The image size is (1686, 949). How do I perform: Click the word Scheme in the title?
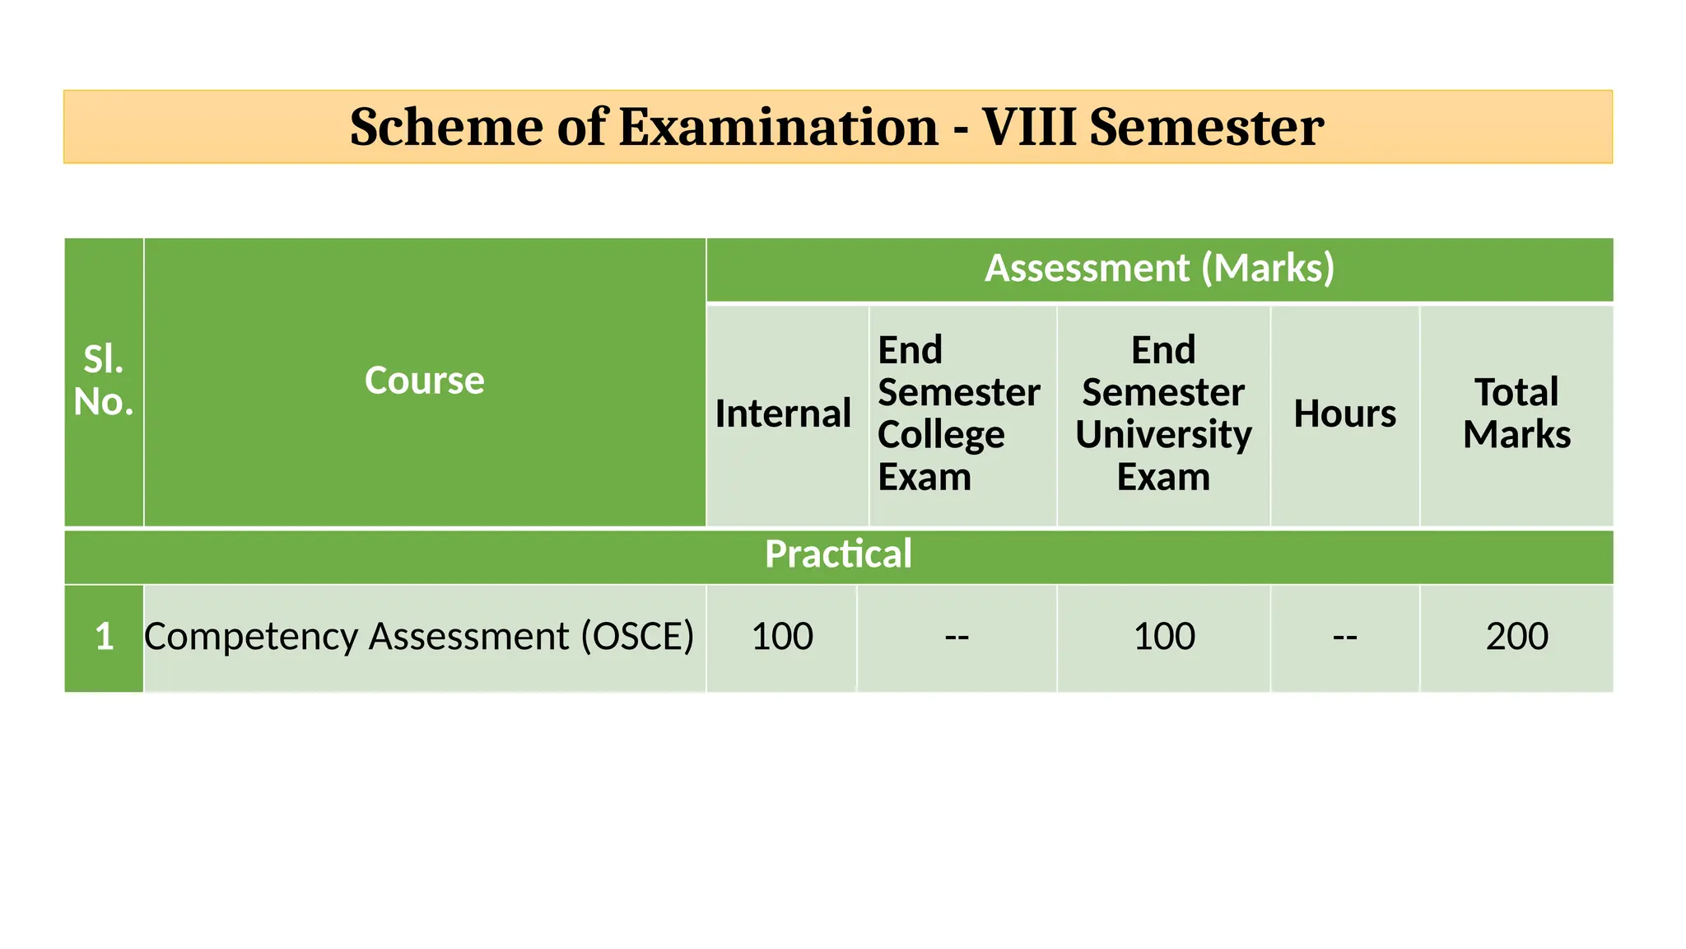click(x=445, y=127)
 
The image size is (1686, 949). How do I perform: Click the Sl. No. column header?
click(x=104, y=381)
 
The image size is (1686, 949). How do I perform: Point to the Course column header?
click(x=424, y=381)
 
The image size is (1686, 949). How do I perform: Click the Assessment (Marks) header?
click(x=1159, y=269)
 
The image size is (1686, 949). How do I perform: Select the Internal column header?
click(x=782, y=414)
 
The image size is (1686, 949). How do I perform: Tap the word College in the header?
click(x=941, y=435)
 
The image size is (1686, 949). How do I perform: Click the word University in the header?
click(x=1163, y=435)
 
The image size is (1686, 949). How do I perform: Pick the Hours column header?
click(x=1344, y=414)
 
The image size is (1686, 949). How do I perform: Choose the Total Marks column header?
click(x=1516, y=414)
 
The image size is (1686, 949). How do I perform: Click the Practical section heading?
click(x=838, y=554)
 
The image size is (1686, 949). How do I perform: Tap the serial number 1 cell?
click(x=104, y=637)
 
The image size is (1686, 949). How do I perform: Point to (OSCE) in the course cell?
click(x=637, y=637)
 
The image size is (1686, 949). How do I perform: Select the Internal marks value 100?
click(x=782, y=637)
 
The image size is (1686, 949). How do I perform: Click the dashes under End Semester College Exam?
click(x=957, y=637)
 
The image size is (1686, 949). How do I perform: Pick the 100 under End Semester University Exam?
click(x=1163, y=637)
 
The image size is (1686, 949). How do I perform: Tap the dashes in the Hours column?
click(x=1344, y=637)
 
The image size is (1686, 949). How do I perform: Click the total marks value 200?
click(x=1516, y=637)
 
